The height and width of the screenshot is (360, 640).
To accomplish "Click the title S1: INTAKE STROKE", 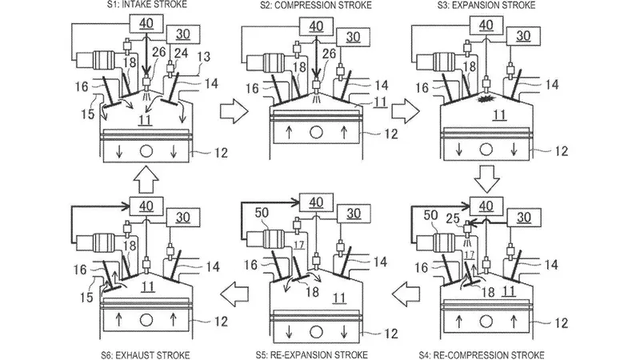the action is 147,5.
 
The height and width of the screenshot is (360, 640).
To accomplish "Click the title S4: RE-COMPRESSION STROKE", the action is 482,354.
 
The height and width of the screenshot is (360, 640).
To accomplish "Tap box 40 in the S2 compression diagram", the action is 316,26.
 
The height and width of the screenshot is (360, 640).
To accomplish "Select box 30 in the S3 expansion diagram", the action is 523,36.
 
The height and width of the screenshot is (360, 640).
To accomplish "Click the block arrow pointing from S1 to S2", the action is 234,110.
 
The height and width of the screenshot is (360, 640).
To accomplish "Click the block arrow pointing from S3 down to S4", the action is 487,178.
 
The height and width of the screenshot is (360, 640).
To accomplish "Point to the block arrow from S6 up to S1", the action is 146,178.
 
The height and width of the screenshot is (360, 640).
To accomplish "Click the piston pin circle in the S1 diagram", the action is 146,151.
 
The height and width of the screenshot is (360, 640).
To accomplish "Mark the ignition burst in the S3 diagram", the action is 486,99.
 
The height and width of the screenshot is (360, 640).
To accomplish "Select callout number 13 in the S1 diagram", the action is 204,56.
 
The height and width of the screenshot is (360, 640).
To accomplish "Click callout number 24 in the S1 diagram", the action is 181,52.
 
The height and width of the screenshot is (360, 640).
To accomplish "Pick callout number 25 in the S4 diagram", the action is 453,218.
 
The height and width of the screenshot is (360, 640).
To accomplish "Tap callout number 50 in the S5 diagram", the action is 262,213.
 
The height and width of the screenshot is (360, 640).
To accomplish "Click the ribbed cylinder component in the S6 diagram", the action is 106,242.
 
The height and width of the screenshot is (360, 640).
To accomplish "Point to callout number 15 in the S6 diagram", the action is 87,297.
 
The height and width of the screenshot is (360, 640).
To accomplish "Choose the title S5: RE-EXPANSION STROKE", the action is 312,354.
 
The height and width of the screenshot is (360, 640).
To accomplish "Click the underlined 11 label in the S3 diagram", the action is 499,115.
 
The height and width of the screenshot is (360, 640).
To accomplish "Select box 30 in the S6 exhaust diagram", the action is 183,217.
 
